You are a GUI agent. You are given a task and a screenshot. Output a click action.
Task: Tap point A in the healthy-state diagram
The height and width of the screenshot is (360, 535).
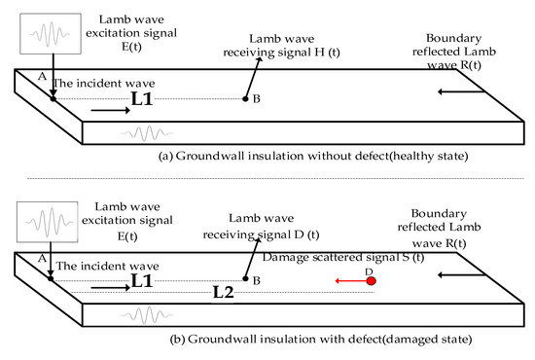coord(52,98)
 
